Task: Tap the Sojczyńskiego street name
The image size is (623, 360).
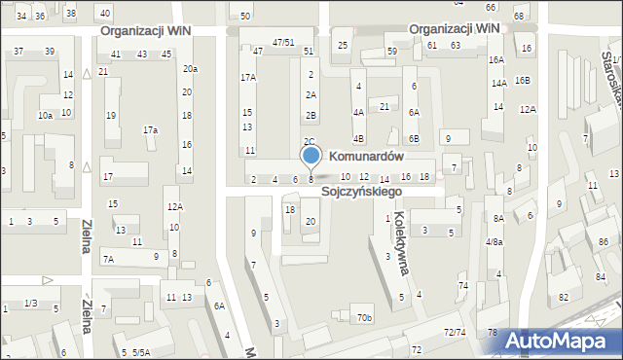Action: (x=363, y=193)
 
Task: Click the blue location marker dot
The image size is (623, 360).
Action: (x=311, y=156)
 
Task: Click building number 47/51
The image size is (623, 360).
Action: (x=283, y=42)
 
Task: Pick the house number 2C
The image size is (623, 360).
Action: (x=309, y=142)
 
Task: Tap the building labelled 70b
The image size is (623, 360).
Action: (x=364, y=318)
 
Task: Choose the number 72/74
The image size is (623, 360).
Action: (x=455, y=333)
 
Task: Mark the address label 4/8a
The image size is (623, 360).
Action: (x=494, y=242)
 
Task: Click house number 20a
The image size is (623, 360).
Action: (x=190, y=68)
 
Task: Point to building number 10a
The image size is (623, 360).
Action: (x=45, y=115)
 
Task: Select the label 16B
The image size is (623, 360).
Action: (x=524, y=80)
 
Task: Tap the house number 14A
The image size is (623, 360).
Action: (x=498, y=84)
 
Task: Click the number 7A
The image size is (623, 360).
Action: (x=109, y=259)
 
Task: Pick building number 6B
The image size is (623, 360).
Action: (x=413, y=138)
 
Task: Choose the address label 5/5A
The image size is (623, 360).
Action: (x=141, y=352)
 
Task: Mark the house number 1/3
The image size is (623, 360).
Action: (x=31, y=304)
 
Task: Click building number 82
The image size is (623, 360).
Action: (x=564, y=298)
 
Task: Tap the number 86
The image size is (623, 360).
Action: (x=604, y=240)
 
